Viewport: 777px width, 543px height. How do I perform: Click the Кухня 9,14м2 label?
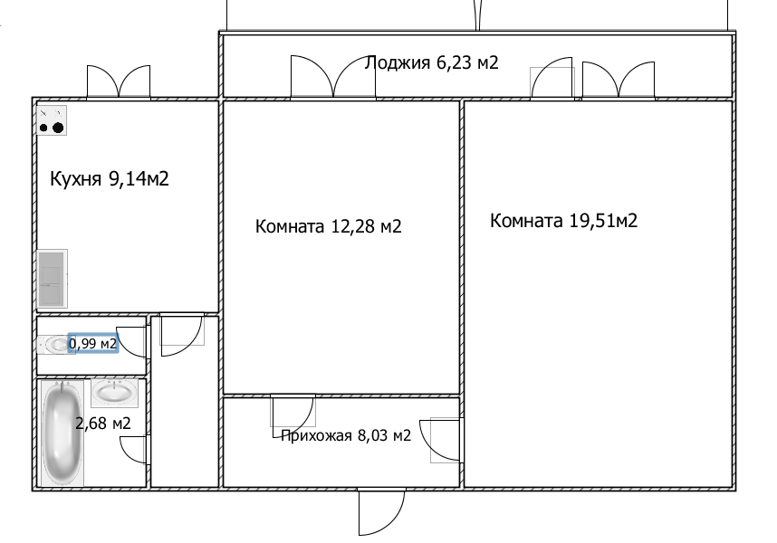[x=110, y=178]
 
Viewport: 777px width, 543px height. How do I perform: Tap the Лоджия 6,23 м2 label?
[x=432, y=62]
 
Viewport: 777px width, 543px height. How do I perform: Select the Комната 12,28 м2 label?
[x=328, y=226]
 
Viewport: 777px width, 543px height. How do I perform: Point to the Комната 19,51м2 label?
[x=563, y=220]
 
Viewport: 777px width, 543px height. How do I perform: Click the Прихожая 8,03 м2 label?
[x=346, y=435]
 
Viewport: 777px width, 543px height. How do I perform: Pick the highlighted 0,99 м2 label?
[x=93, y=343]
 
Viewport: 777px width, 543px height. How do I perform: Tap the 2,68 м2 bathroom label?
[x=103, y=424]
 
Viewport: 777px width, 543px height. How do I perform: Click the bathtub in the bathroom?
[x=62, y=433]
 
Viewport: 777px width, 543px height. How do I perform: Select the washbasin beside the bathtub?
[x=114, y=393]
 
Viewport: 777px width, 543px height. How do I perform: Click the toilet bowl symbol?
[x=53, y=345]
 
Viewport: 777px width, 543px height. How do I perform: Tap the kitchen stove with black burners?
[x=52, y=120]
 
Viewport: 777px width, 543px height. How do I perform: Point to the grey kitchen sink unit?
[x=52, y=279]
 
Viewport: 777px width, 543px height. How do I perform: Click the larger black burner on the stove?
[x=58, y=128]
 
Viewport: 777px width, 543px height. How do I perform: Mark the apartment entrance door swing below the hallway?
[x=381, y=511]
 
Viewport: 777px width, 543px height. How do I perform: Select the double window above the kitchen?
[x=119, y=82]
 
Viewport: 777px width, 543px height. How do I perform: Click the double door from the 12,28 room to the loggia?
[x=333, y=77]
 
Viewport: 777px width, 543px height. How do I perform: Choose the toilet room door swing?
[x=132, y=341]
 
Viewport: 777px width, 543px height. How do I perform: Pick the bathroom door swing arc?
[x=134, y=450]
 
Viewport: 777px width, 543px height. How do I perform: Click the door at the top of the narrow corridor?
[x=182, y=334]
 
